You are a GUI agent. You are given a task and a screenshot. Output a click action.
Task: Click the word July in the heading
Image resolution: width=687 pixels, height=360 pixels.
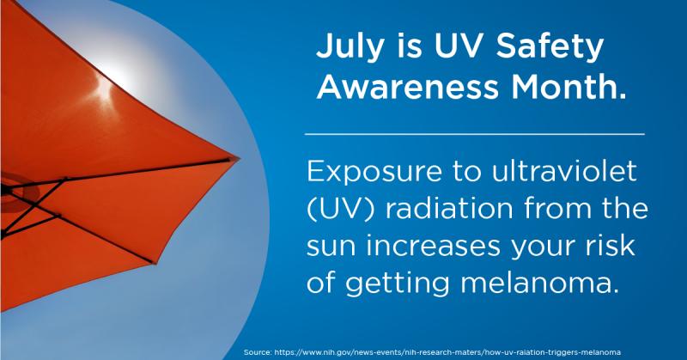(350, 47)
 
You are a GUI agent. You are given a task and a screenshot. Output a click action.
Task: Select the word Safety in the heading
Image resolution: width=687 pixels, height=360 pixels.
(550, 47)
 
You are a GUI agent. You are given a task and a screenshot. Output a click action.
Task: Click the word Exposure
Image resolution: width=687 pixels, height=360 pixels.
(374, 173)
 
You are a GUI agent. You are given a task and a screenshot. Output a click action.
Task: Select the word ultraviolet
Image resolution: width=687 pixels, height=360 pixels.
(564, 170)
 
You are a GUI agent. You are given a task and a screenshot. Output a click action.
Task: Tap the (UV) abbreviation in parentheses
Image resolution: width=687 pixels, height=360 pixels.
(341, 209)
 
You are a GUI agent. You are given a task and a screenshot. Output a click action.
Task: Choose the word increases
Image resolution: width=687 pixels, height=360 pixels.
(434, 246)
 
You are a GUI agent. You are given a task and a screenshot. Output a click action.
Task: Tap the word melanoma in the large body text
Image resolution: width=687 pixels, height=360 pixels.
(540, 284)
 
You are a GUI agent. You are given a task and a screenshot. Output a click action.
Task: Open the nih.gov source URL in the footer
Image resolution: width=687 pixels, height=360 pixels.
(447, 352)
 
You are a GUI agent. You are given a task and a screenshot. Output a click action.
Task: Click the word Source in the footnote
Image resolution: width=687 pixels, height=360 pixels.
(257, 352)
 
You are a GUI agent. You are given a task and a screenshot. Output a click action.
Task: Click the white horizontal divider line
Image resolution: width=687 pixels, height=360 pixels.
(475, 134)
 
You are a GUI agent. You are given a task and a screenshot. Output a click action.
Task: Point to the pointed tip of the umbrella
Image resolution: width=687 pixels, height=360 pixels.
(240, 157)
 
